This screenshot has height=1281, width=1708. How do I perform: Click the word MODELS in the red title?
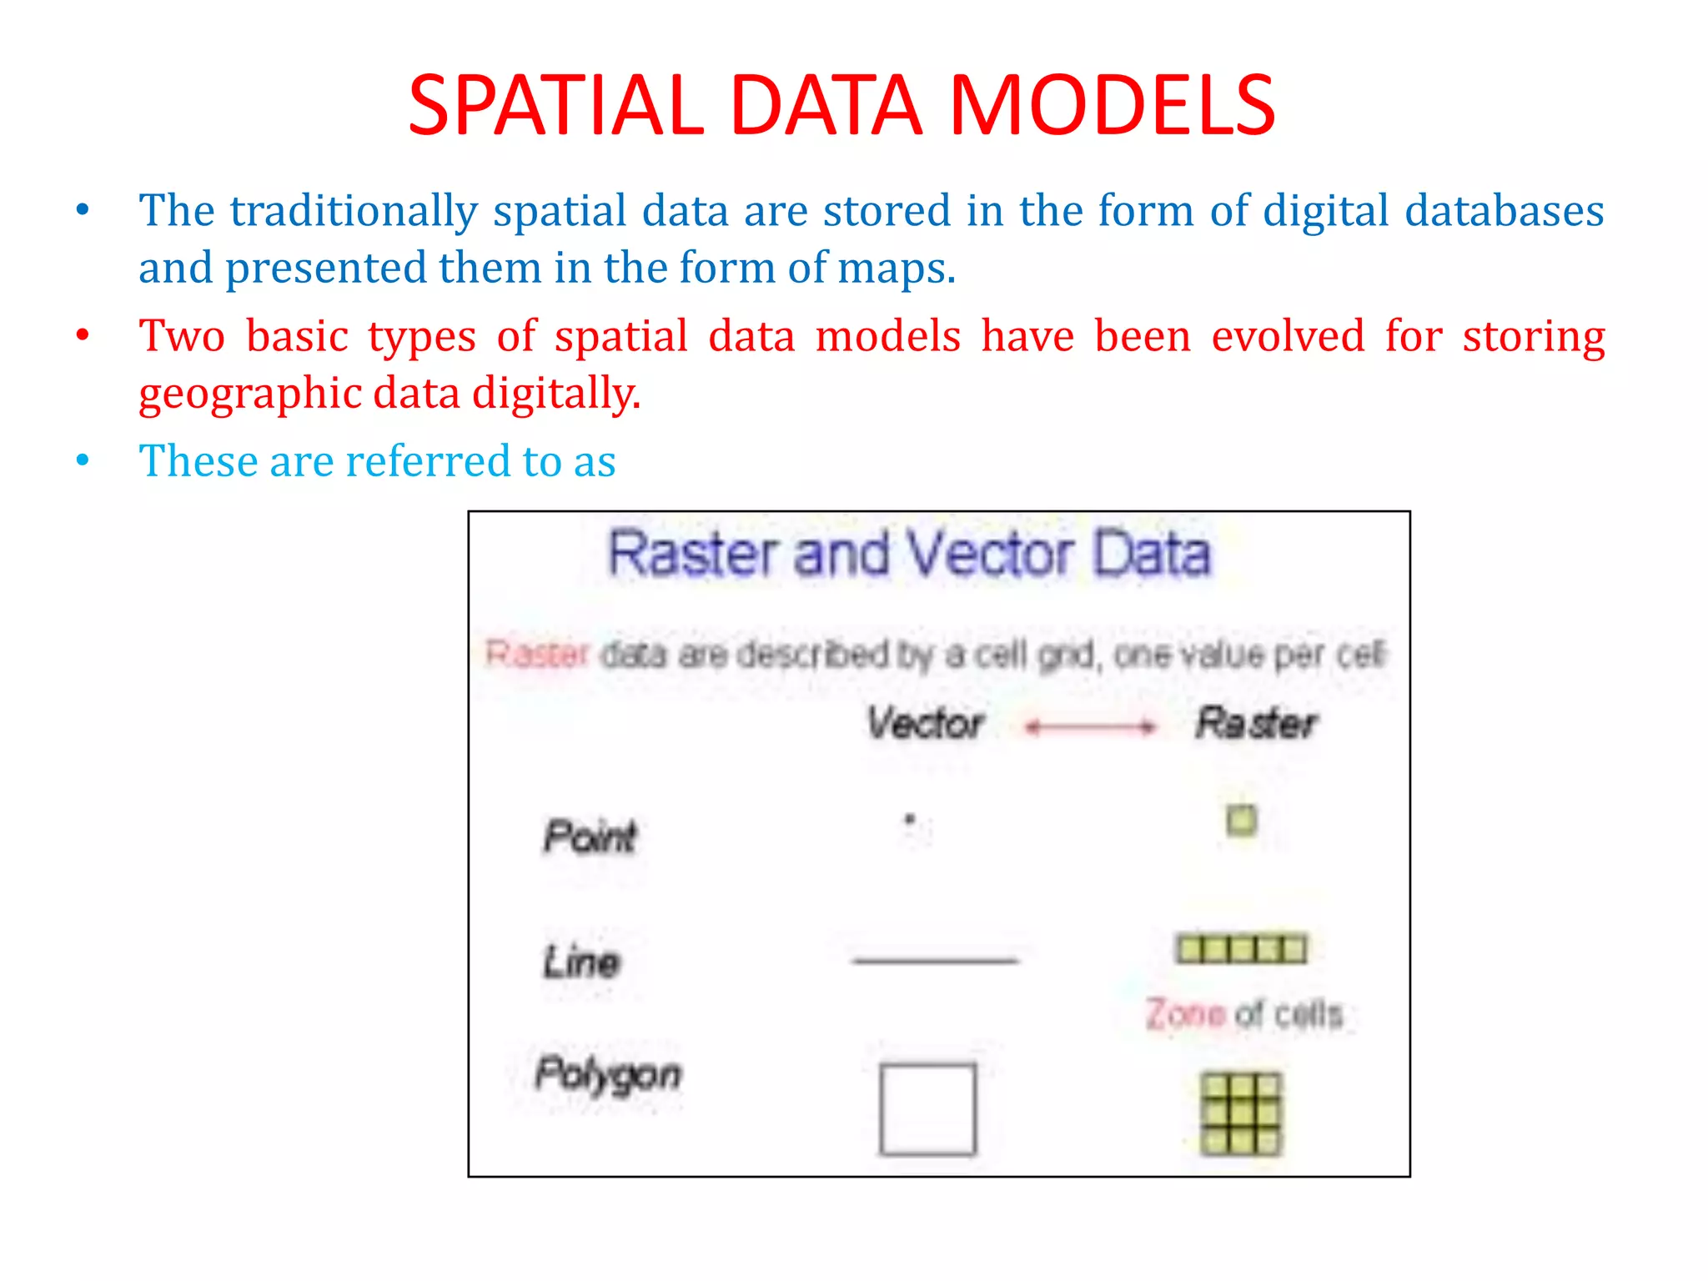1113,106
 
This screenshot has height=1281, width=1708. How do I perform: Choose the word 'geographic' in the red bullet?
248,394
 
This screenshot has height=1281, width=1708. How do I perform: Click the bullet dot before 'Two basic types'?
82,336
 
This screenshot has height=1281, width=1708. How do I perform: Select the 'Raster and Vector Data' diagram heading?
909,554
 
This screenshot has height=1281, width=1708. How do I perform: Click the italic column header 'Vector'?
925,723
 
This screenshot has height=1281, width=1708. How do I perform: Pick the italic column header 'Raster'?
1256,723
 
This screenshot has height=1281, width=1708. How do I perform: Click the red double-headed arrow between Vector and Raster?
1091,727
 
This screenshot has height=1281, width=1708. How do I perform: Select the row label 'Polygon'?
608,1074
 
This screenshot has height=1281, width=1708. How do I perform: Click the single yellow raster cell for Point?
1241,820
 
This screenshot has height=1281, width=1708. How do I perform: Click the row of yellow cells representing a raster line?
1241,949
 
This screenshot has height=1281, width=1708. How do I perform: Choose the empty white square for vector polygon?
927,1108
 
